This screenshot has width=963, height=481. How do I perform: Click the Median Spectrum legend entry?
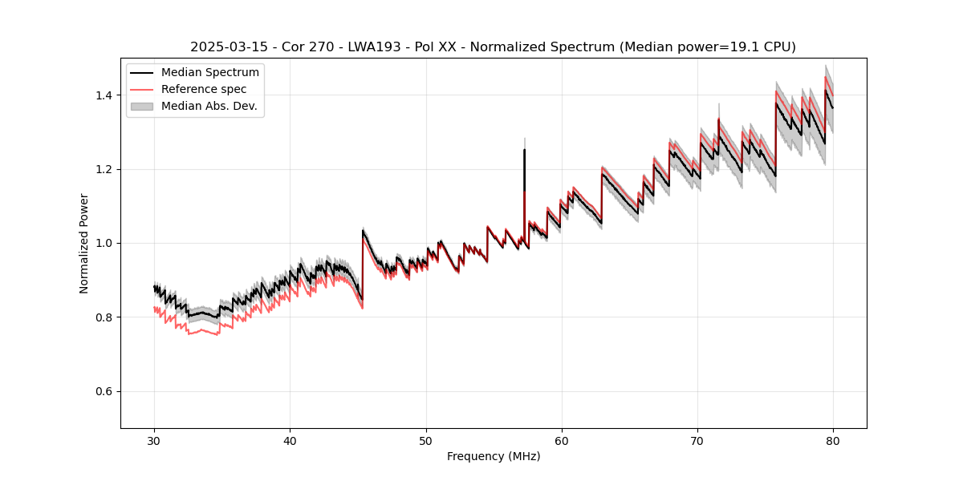(209, 73)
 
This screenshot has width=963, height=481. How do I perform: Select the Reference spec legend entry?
(204, 89)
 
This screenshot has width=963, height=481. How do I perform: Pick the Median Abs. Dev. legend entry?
(209, 106)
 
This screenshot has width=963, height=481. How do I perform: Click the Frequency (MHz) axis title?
(494, 456)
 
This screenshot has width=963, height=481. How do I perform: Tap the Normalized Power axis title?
(84, 242)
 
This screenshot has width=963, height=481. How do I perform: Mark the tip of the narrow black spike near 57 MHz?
(524, 149)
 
